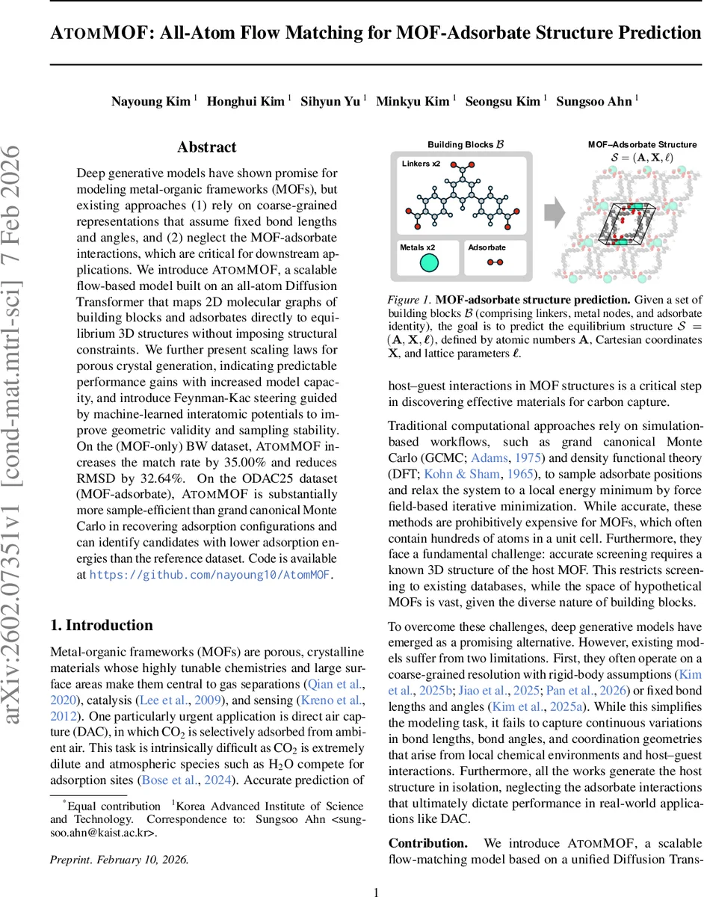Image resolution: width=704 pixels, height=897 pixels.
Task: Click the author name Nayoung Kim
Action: pos(150,102)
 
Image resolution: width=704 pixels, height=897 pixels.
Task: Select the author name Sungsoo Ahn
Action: pos(593,102)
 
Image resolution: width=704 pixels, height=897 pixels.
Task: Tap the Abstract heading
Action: pos(206,147)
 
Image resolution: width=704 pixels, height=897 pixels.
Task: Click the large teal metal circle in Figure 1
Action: pos(428,262)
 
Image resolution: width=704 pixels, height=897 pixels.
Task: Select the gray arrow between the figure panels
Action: pos(554,214)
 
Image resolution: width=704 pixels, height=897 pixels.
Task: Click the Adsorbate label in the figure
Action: pos(487,247)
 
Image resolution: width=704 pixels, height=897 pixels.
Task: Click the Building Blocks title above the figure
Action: pos(460,144)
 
